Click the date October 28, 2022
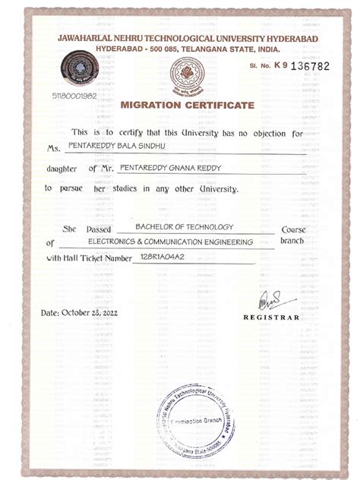pyautogui.click(x=81, y=313)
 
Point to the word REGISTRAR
pyautogui.click(x=271, y=317)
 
